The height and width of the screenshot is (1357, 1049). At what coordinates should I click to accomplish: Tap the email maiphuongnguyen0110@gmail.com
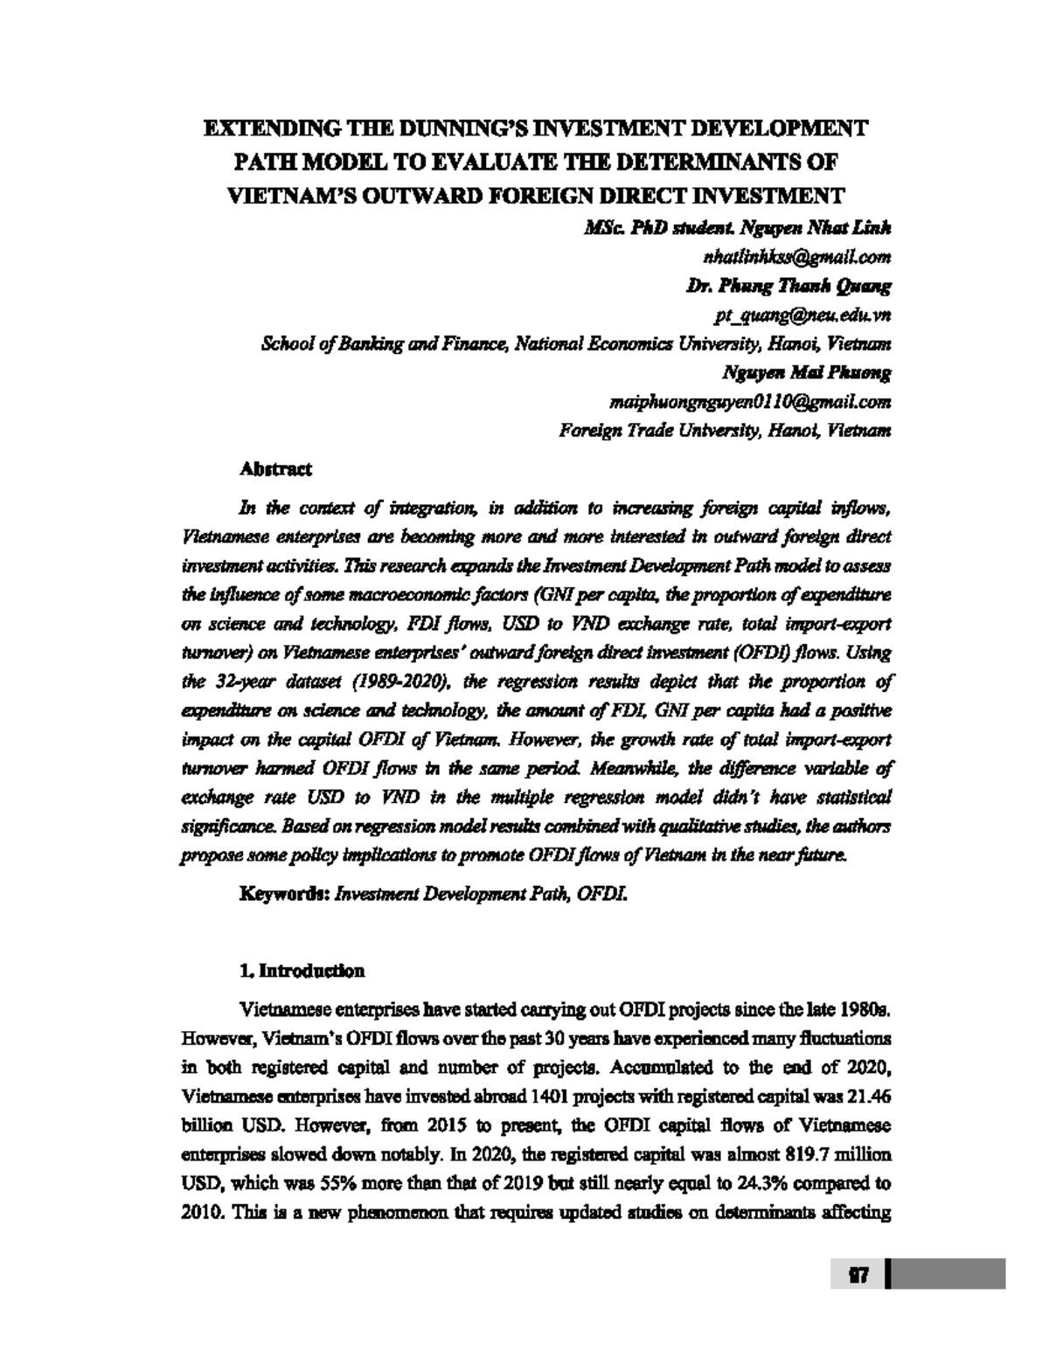pyautogui.click(x=749, y=402)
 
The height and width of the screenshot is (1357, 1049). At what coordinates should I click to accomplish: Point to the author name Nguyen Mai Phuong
pyautogui.click(x=806, y=373)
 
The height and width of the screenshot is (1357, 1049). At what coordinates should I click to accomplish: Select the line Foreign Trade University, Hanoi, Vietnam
pyautogui.click(x=725, y=431)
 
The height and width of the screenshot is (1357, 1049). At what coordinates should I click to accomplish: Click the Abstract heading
pyautogui.click(x=275, y=469)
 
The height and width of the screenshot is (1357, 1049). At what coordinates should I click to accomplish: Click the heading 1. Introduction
pyautogui.click(x=302, y=972)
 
